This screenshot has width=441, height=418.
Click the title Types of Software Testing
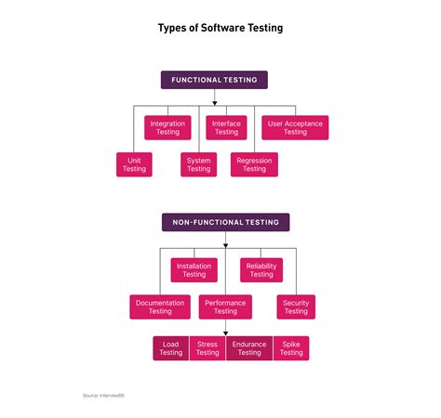(x=220, y=28)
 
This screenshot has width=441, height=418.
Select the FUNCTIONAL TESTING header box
(x=215, y=80)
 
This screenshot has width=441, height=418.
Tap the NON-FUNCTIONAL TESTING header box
(x=225, y=222)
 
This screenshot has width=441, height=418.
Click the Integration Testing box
(x=167, y=128)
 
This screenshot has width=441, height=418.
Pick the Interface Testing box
(x=226, y=128)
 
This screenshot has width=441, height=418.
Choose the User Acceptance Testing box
(x=295, y=128)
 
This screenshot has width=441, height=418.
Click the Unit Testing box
(x=134, y=164)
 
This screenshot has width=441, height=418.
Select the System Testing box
(x=199, y=164)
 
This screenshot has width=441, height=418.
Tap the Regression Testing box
(x=254, y=164)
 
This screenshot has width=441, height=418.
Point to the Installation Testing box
(x=194, y=269)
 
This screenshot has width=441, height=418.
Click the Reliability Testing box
(x=261, y=269)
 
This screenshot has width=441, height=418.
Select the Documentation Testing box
(x=160, y=307)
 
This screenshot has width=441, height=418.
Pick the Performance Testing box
(x=225, y=307)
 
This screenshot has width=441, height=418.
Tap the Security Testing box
(x=296, y=307)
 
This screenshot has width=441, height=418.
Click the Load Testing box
(x=171, y=348)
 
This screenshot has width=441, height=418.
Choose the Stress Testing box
(x=207, y=348)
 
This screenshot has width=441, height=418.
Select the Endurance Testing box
(x=249, y=348)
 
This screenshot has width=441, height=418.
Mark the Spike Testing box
(x=291, y=348)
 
